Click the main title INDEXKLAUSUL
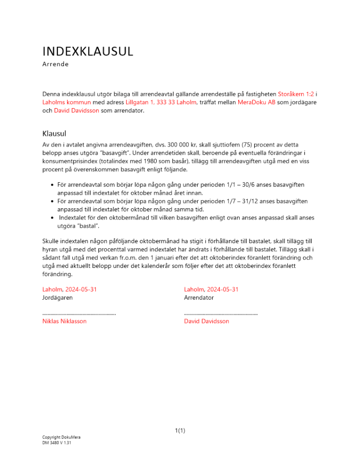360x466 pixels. [x=88, y=51]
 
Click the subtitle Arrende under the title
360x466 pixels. [x=55, y=64]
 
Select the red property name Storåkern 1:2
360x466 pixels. [x=296, y=94]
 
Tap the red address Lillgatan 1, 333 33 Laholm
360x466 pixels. [x=162, y=103]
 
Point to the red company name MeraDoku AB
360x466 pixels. [x=256, y=103]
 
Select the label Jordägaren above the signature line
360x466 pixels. [x=57, y=297]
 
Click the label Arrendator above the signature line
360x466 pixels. [x=199, y=297]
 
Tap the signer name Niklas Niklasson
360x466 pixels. [x=64, y=321]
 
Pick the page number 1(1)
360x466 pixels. [x=180, y=431]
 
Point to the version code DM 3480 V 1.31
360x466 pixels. [x=56, y=443]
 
